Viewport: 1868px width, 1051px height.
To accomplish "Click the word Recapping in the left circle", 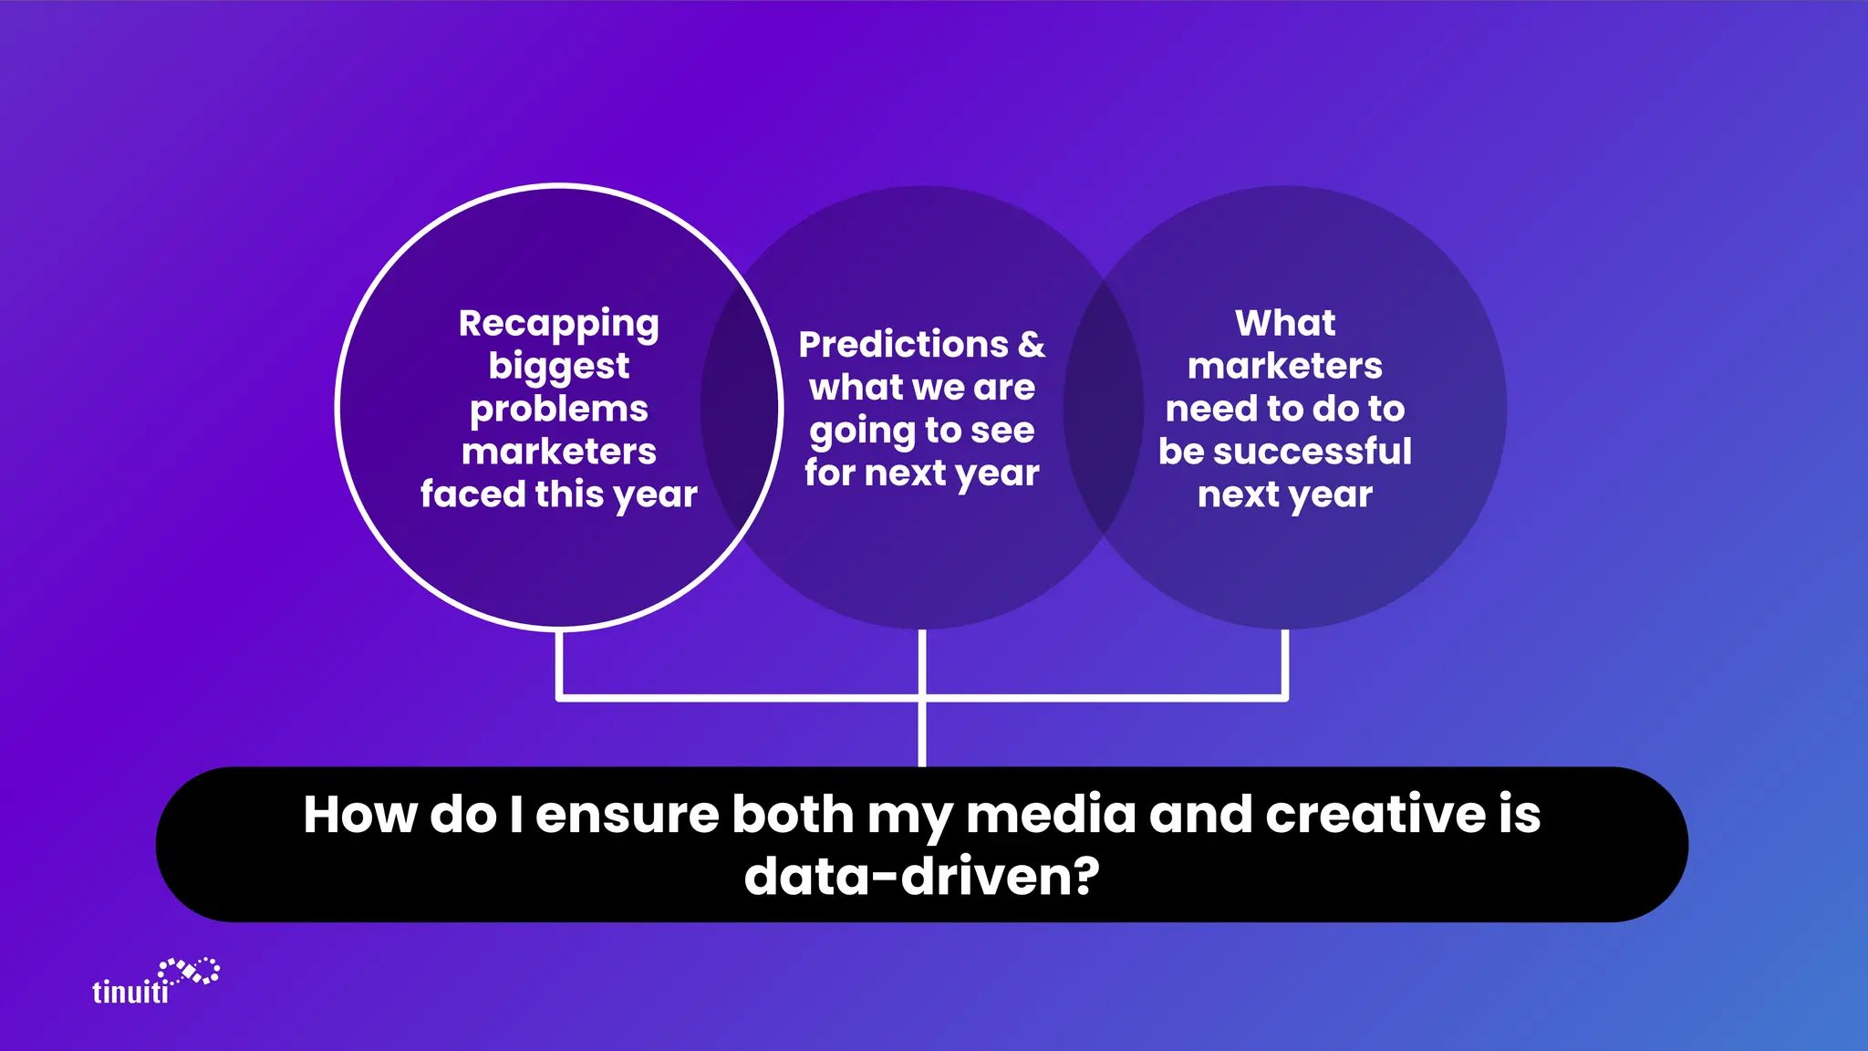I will [x=558, y=324].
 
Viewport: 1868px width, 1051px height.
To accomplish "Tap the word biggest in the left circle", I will [x=558, y=367].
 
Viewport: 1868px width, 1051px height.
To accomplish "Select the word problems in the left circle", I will [x=558, y=410].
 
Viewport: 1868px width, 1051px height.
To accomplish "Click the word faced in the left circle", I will [x=472, y=494].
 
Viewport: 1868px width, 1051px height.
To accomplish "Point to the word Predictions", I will [x=903, y=345].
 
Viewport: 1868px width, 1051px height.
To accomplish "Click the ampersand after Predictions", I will [x=1032, y=345].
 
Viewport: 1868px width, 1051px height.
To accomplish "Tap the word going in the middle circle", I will [x=862, y=432].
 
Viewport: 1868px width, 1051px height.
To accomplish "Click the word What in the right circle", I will [x=1284, y=323].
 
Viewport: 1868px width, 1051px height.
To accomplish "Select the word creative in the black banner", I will [x=1375, y=814].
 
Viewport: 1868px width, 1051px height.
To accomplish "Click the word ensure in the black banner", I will [x=626, y=816].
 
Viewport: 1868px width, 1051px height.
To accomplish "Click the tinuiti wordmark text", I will [x=130, y=992].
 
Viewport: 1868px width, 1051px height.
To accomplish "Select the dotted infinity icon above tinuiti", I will [x=190, y=972].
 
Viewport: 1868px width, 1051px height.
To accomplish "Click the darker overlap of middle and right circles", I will [x=1104, y=407].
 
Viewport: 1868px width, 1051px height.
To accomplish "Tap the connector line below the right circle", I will [x=1284, y=664].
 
